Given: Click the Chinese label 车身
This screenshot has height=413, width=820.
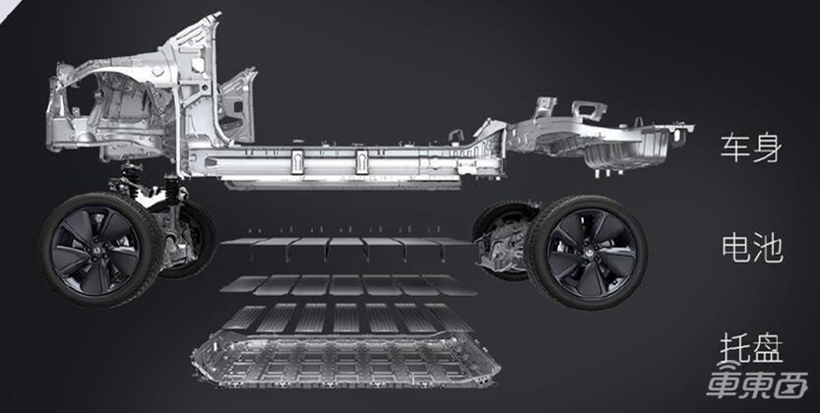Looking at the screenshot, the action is point(751,148).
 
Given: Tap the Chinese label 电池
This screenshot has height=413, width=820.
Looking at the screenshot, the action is point(752,248).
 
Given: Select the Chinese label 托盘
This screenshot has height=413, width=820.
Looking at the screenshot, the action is point(751,348).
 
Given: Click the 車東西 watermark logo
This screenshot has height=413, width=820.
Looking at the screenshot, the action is point(756,384).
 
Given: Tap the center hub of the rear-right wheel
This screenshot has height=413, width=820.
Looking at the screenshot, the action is point(586,252).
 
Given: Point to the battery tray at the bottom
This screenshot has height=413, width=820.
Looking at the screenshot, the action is point(346,360).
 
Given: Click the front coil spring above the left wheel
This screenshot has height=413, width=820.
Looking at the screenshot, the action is point(131,176).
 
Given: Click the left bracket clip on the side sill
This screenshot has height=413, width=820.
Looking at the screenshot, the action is point(297,162).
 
